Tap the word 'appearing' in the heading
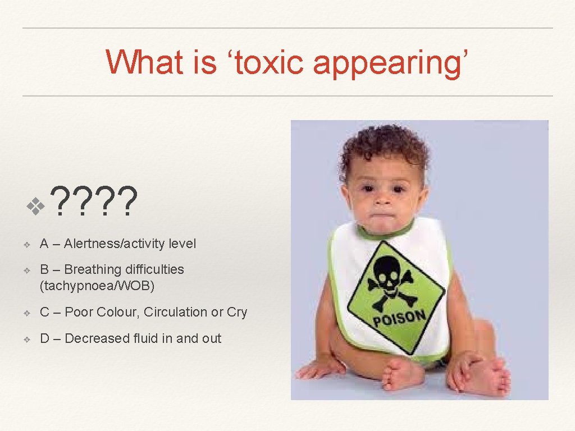coord(387,63)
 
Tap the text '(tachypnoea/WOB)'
coord(97,286)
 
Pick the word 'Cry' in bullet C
coord(237,312)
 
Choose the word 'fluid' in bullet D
coord(143,338)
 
